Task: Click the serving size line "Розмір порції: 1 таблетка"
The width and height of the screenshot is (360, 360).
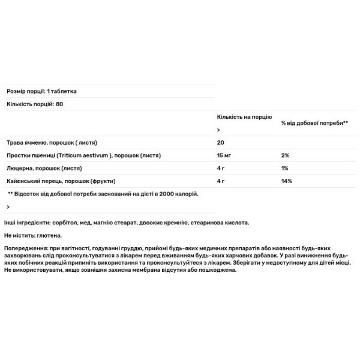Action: (x=41, y=91)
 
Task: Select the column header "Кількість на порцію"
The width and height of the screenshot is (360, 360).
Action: (x=244, y=118)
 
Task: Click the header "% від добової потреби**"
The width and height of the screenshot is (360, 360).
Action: (x=315, y=123)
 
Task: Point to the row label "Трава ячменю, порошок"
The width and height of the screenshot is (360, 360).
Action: (x=51, y=143)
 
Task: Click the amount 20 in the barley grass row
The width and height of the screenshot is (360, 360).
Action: (x=220, y=143)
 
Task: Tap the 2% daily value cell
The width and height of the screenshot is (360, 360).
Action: (x=285, y=155)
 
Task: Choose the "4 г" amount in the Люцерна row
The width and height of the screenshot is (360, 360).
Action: (x=221, y=168)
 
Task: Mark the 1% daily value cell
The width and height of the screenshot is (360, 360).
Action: (x=285, y=168)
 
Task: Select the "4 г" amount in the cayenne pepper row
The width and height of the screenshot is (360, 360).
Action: (x=221, y=181)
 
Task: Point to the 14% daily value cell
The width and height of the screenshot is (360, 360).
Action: (x=286, y=181)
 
